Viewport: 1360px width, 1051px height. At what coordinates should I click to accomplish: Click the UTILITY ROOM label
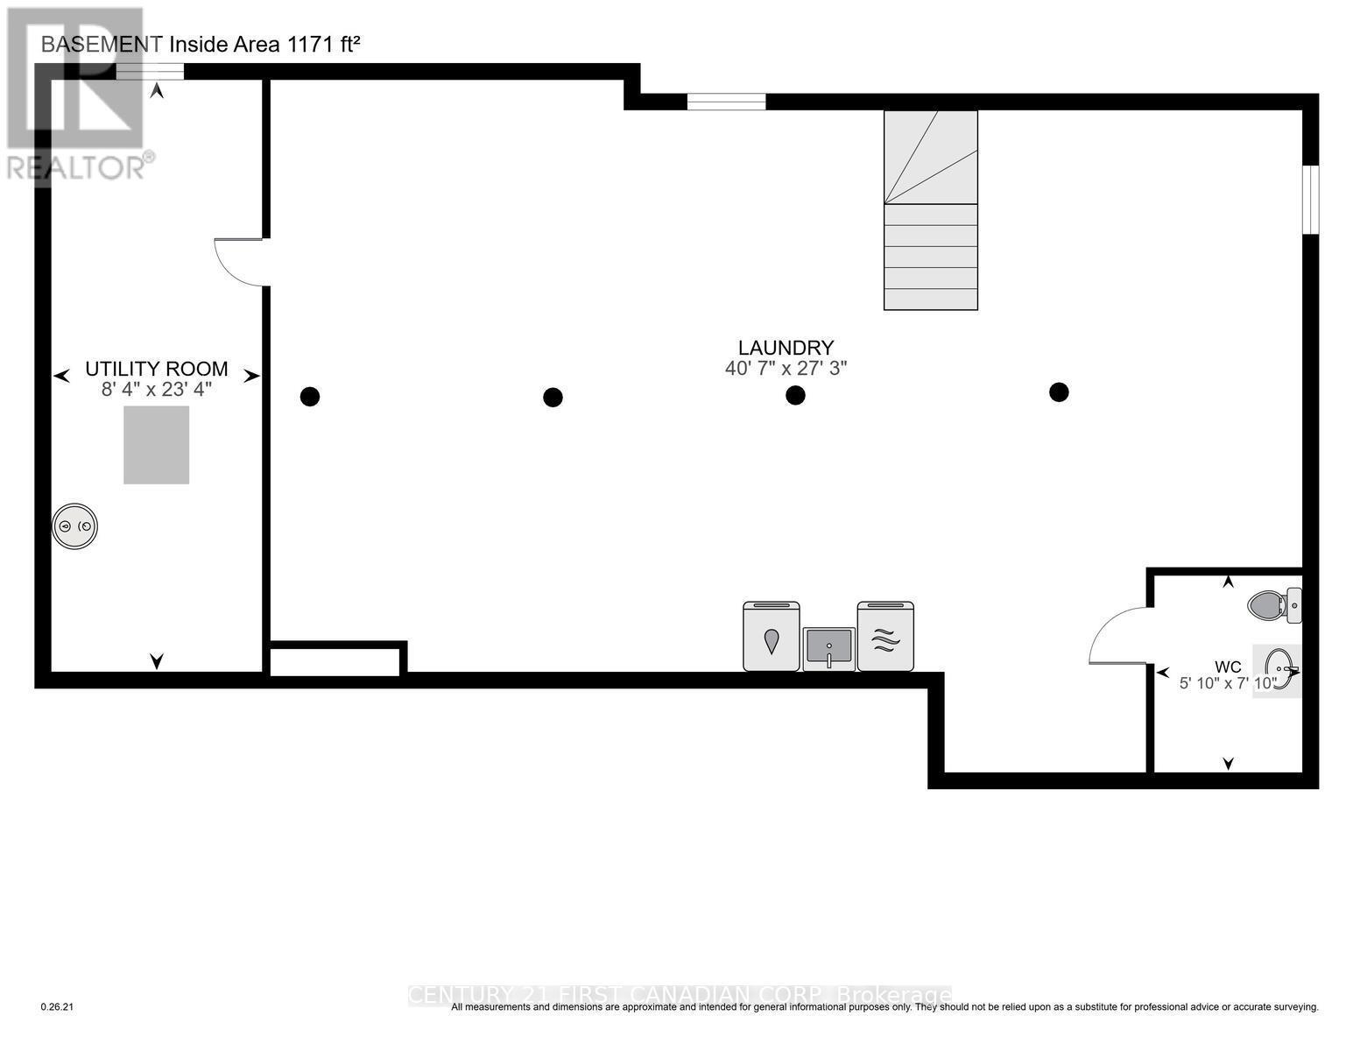pyautogui.click(x=156, y=369)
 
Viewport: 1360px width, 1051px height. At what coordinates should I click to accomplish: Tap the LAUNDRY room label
pyautogui.click(x=786, y=348)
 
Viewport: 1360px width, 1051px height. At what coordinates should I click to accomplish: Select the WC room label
pyautogui.click(x=1228, y=667)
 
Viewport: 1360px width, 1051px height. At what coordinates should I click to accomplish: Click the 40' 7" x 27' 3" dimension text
pyautogui.click(x=786, y=369)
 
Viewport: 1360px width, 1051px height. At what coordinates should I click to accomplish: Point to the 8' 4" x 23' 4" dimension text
pyautogui.click(x=156, y=390)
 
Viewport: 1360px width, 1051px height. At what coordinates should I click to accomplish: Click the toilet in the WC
pyautogui.click(x=1272, y=604)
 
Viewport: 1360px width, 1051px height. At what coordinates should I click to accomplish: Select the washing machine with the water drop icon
pyautogui.click(x=771, y=637)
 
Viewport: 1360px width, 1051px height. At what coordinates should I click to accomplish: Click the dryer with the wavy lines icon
pyautogui.click(x=885, y=637)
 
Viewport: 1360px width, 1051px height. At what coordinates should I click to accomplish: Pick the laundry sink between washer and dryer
pyautogui.click(x=828, y=649)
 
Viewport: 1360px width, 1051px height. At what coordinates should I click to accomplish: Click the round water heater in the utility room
pyautogui.click(x=74, y=526)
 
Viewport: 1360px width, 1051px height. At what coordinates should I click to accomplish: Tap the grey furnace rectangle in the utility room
pyautogui.click(x=156, y=444)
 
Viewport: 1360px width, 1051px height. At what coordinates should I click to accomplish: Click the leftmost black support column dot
pyautogui.click(x=310, y=397)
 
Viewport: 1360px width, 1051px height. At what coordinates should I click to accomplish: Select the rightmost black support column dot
pyautogui.click(x=1059, y=391)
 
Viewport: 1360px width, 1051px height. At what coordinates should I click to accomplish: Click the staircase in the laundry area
pyautogui.click(x=930, y=210)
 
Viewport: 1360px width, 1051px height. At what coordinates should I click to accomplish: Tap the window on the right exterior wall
pyautogui.click(x=1309, y=200)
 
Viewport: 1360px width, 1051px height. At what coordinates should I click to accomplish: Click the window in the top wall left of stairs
pyautogui.click(x=726, y=102)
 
